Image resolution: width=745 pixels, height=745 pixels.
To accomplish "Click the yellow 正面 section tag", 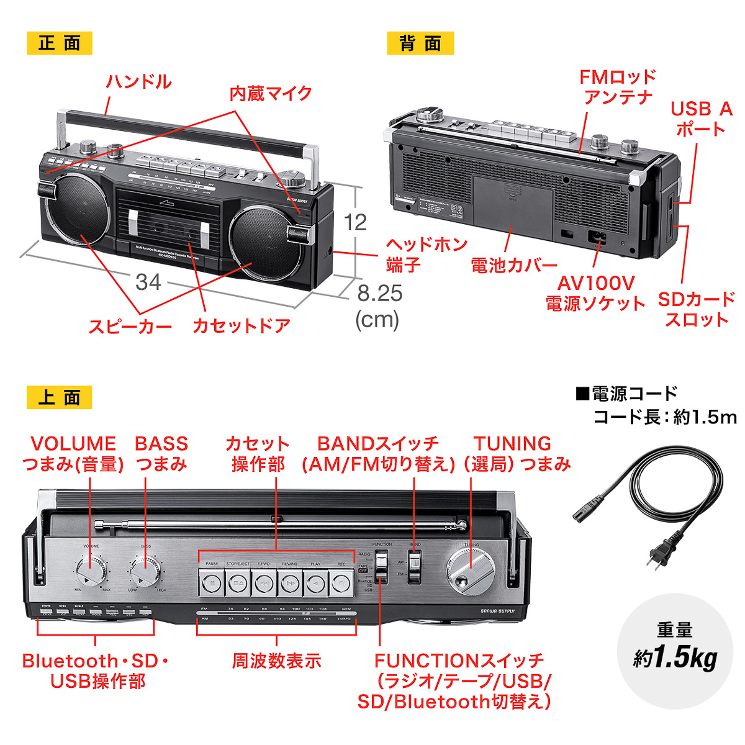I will click(x=60, y=43).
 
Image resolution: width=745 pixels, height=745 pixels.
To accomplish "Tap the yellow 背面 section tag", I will click(x=420, y=43).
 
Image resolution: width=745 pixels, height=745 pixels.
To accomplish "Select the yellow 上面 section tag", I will click(x=60, y=397).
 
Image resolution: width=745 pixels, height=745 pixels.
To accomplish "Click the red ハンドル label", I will click(x=138, y=82).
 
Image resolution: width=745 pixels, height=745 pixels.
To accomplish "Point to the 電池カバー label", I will click(x=513, y=266).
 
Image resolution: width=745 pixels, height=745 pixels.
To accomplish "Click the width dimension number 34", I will click(x=148, y=282).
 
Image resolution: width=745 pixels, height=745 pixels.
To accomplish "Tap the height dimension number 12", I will click(x=355, y=222).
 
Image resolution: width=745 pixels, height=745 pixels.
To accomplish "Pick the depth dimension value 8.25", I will click(x=379, y=293).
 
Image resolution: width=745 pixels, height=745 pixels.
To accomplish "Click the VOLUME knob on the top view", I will click(x=91, y=571).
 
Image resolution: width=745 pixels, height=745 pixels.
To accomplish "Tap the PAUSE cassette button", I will click(x=212, y=583).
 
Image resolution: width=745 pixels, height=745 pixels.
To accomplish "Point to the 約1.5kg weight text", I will click(x=675, y=657).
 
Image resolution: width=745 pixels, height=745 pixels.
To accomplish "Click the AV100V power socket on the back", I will click(x=597, y=238).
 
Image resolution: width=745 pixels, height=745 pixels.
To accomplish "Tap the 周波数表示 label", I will click(x=276, y=661).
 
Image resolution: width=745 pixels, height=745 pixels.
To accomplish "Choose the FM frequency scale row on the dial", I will click(x=276, y=609).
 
